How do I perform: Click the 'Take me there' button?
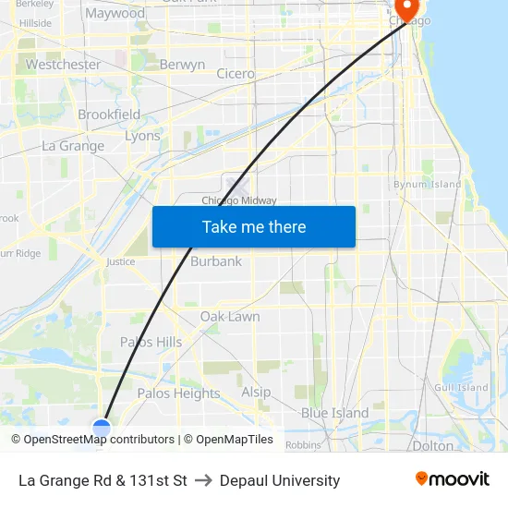(x=254, y=227)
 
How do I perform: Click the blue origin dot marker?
(x=102, y=428)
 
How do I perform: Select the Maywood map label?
(x=115, y=14)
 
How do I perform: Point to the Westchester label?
(x=63, y=65)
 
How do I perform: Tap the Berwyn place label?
(x=182, y=65)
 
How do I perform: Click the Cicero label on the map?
(x=235, y=74)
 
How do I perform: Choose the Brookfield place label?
(x=109, y=115)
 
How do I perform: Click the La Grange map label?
(x=73, y=146)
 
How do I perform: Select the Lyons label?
(x=142, y=136)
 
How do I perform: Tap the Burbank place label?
(x=216, y=261)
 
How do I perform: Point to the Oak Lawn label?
(x=230, y=317)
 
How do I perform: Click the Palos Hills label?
(x=151, y=343)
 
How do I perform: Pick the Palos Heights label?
(x=178, y=393)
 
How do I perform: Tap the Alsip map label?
(x=256, y=393)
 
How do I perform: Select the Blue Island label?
(x=334, y=413)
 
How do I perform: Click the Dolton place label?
(x=432, y=445)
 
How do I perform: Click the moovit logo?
(x=452, y=479)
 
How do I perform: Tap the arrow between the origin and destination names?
(x=203, y=480)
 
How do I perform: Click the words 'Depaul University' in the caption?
(x=280, y=480)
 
